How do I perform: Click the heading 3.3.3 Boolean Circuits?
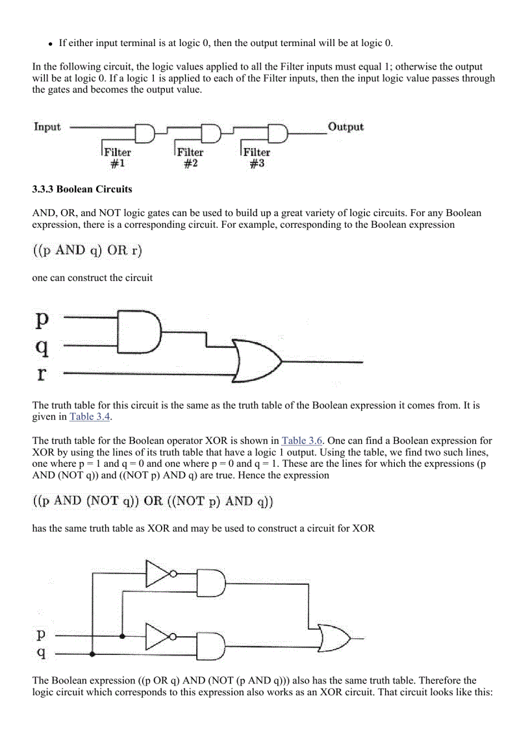coord(82,190)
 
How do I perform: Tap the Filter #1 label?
coord(118,158)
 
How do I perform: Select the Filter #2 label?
coord(190,158)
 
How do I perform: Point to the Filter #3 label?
coord(257,158)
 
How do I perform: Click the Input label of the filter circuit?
coord(47,127)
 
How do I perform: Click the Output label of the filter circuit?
coord(346,127)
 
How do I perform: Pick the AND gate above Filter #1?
coord(145,133)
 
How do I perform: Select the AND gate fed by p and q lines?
coord(141,332)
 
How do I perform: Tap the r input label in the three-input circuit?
coord(42,375)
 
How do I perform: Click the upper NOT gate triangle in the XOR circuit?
coord(158,573)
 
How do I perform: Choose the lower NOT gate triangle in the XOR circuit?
coord(158,637)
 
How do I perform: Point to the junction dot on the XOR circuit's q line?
coord(94,654)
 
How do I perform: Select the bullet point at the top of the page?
coord(50,44)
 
